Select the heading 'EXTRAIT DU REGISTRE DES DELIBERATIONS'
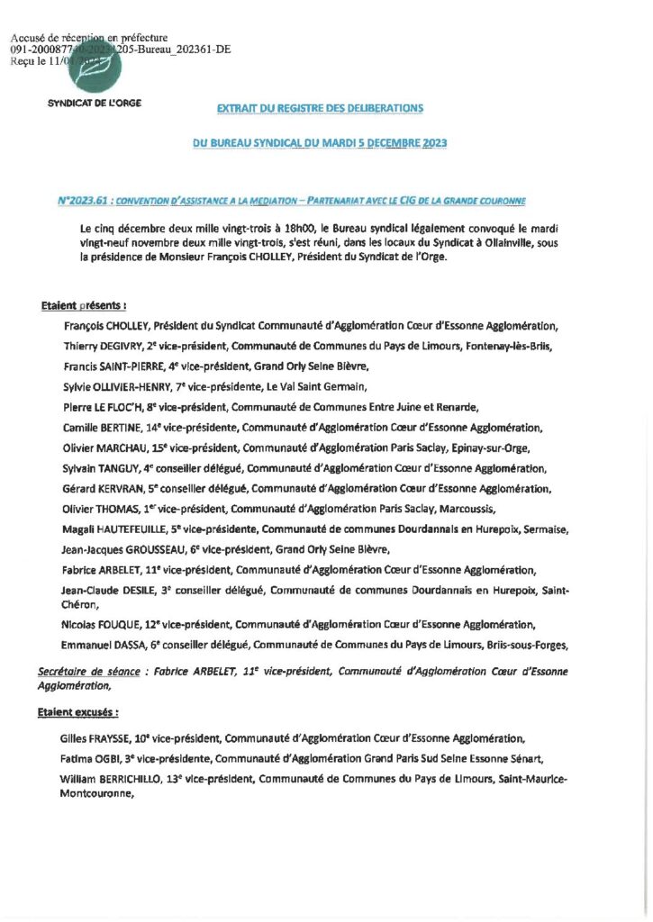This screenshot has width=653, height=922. [320, 108]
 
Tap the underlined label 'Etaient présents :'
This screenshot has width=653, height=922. [84, 306]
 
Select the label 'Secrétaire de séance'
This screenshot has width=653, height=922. [91, 672]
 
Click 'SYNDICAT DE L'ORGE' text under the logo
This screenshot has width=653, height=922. [94, 103]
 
